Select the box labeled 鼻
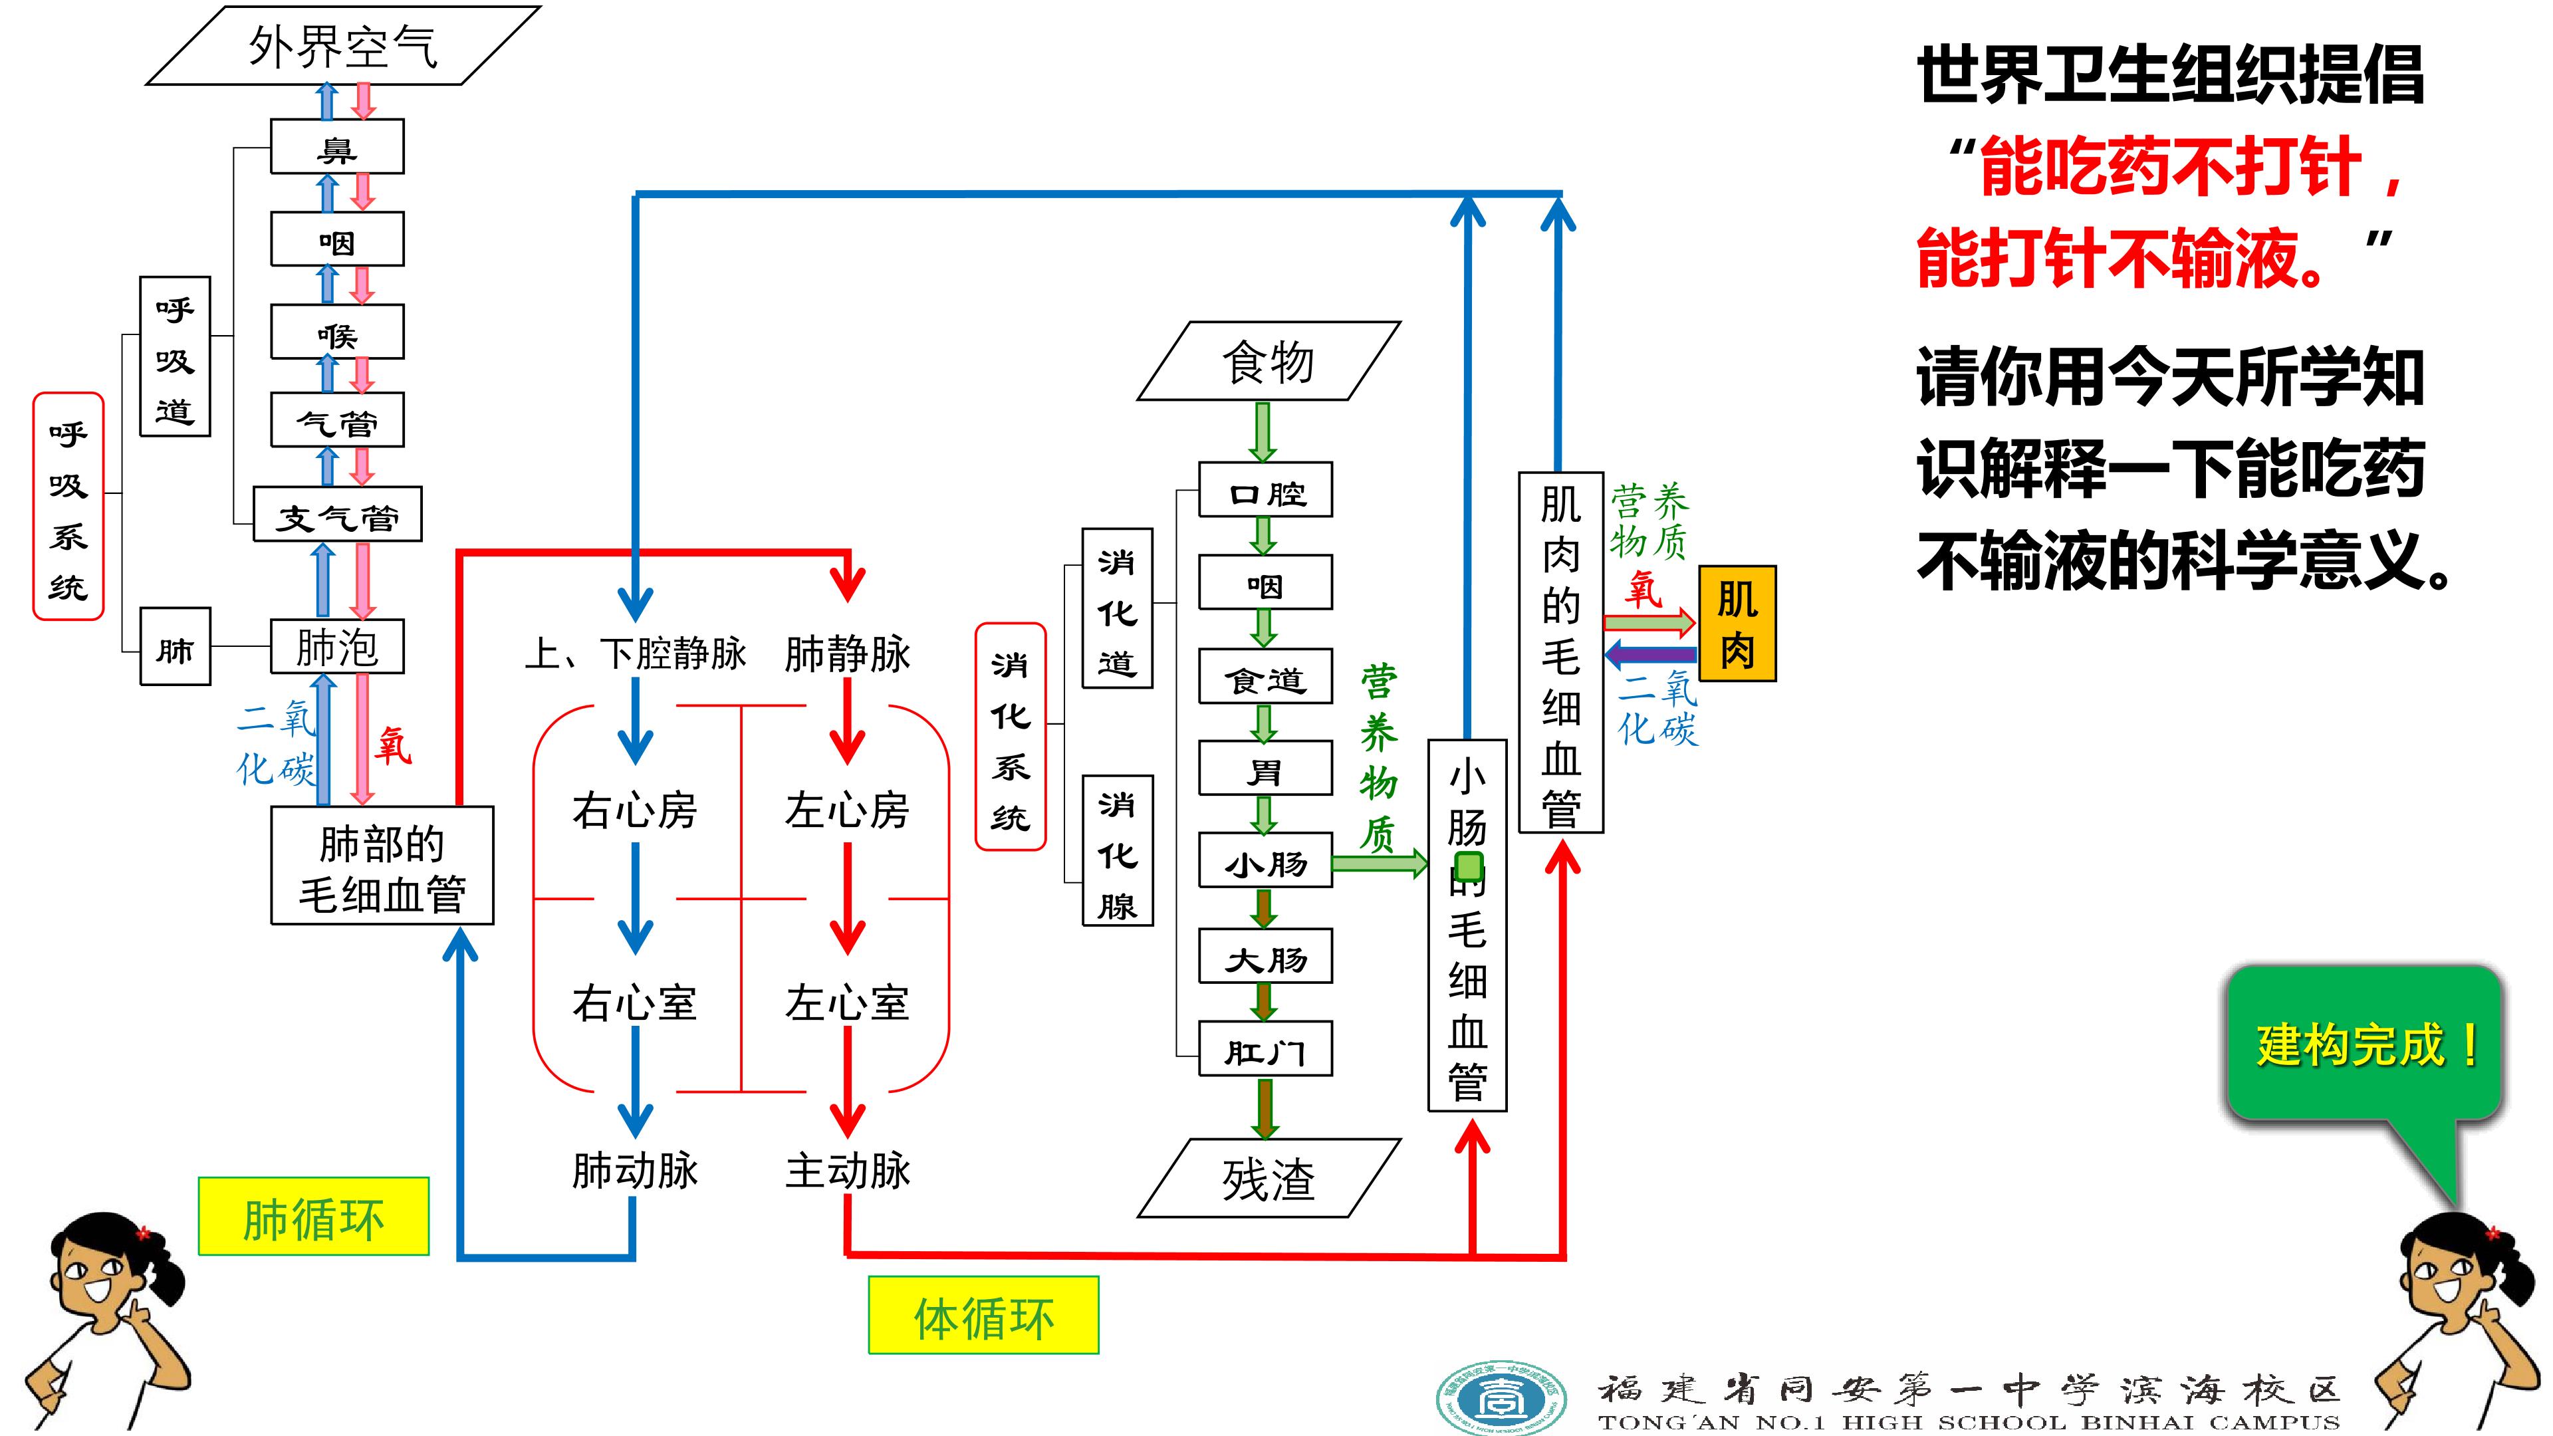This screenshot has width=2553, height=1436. coord(337,148)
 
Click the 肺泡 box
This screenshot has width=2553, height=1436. coord(337,647)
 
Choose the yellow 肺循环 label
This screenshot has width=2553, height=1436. coord(313,1217)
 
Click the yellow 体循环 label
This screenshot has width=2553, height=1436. coord(983,1315)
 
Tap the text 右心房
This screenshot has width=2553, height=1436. coord(634,810)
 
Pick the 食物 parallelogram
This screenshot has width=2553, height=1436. coord(1269,361)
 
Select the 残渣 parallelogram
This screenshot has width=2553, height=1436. coord(1269,1178)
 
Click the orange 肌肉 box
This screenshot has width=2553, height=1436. coord(1737,624)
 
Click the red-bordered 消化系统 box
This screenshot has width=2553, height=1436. coord(1011,737)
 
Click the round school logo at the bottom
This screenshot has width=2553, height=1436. coord(1501,1396)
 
